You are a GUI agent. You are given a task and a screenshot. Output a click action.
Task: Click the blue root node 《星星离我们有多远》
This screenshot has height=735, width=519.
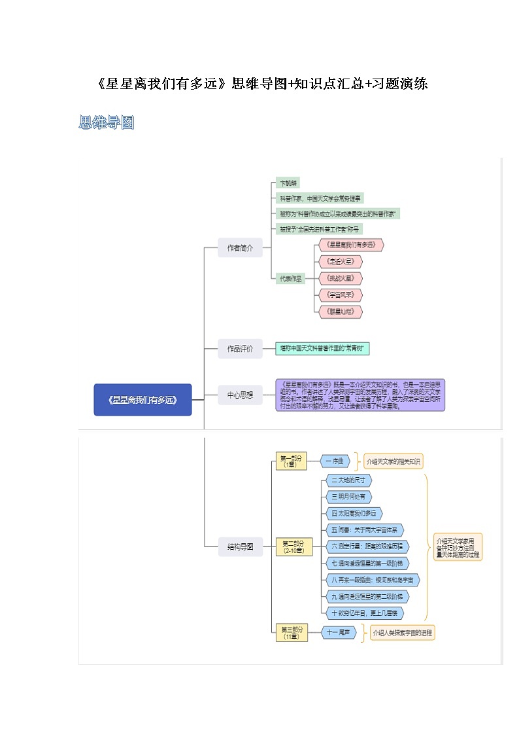click(142, 399)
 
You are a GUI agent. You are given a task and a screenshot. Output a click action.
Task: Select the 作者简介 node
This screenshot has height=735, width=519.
click(240, 248)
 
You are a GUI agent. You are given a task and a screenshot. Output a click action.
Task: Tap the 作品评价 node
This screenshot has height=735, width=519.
click(240, 349)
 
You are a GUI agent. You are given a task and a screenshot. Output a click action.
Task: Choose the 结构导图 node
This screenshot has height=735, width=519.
click(240, 546)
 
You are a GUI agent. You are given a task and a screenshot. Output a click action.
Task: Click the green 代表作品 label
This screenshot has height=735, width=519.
click(291, 278)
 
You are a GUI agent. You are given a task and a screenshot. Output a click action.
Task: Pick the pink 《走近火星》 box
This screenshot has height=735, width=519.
click(339, 261)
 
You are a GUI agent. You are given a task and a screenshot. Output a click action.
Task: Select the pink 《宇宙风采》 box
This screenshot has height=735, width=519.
click(339, 295)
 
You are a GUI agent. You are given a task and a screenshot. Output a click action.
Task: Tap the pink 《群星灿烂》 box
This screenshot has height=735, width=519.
click(339, 312)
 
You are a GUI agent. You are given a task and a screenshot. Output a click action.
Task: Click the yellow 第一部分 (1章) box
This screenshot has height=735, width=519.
click(291, 461)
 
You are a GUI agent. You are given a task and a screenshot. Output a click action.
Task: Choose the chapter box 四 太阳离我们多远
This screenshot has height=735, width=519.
click(354, 513)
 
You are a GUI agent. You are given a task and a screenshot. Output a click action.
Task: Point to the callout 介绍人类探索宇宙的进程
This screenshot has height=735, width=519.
click(402, 633)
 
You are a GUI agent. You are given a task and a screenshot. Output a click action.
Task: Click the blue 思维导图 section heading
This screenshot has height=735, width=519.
click(106, 122)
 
